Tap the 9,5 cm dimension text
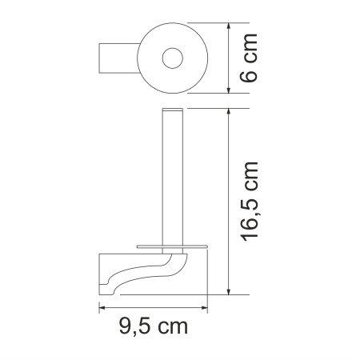152,327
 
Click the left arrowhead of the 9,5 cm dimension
103,306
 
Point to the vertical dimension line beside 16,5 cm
230,200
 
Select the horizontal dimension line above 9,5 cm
152,306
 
